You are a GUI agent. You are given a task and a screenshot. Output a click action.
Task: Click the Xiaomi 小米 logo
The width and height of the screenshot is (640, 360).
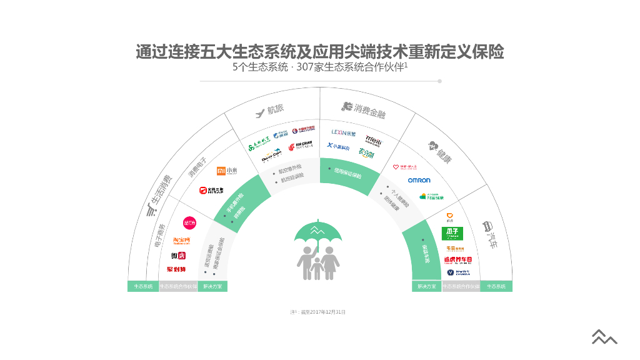227,171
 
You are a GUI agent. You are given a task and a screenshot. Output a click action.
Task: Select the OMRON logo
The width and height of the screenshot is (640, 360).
419,180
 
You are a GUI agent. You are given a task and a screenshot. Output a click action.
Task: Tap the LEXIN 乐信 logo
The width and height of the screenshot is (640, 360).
344,133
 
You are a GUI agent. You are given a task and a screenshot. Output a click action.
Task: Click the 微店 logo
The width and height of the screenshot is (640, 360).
178,256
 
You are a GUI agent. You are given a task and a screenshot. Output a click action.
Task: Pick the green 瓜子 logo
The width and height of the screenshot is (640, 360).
453,233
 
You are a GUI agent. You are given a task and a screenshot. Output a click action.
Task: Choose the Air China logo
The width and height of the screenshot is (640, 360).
301,147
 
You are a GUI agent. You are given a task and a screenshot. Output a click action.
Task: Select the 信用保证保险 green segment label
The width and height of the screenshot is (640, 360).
347,172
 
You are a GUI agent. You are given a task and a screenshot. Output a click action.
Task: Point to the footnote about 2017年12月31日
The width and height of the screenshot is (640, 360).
317,311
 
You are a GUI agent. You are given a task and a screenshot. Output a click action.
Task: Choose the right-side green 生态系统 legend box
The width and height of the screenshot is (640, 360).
496,286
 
